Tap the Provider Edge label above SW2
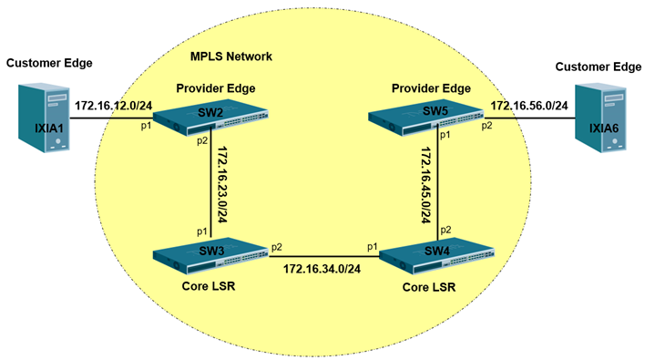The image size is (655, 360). (x=218, y=87)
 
